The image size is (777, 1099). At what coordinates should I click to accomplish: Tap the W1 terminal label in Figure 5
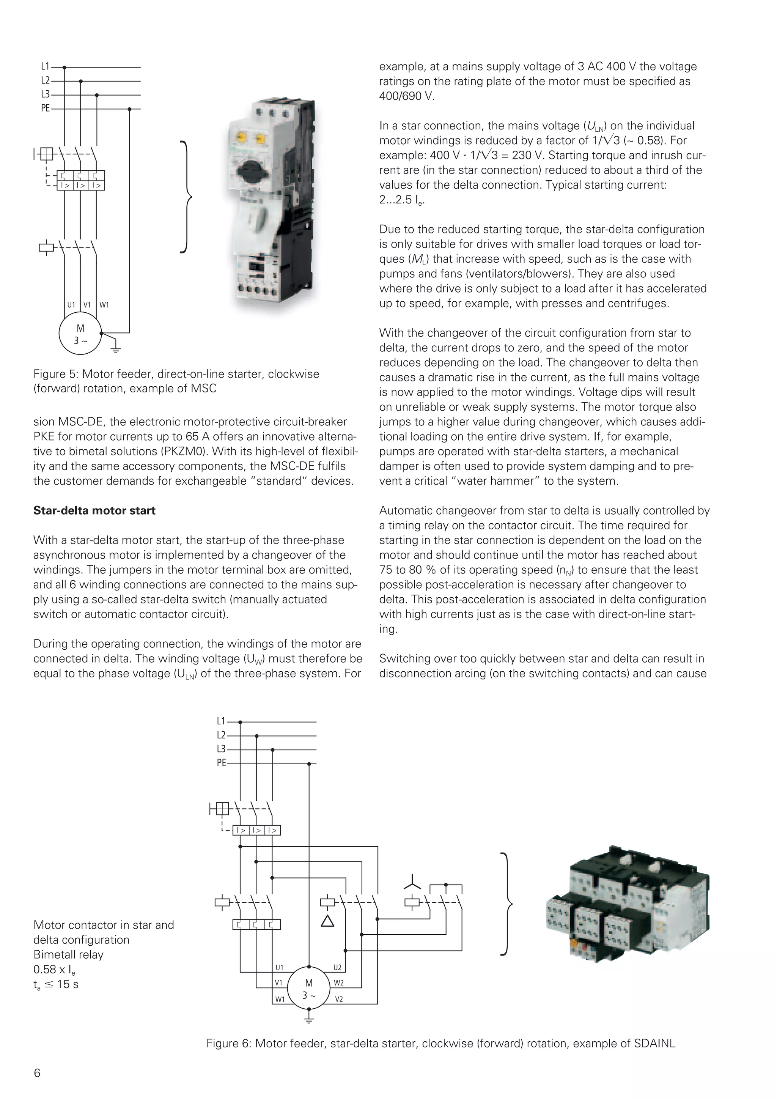pyautogui.click(x=104, y=305)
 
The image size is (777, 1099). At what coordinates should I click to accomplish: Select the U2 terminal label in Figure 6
pyautogui.click(x=337, y=967)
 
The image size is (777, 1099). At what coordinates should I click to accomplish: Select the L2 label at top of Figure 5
pyautogui.click(x=45, y=81)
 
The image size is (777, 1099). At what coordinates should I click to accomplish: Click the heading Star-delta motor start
pyautogui.click(x=94, y=511)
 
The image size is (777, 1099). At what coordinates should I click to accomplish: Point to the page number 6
pyautogui.click(x=37, y=1073)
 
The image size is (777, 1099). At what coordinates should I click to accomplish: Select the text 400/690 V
pyautogui.click(x=407, y=96)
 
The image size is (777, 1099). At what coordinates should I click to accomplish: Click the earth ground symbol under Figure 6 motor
pyautogui.click(x=309, y=1019)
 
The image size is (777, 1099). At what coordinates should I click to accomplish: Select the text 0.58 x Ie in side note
pyautogui.click(x=54, y=970)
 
